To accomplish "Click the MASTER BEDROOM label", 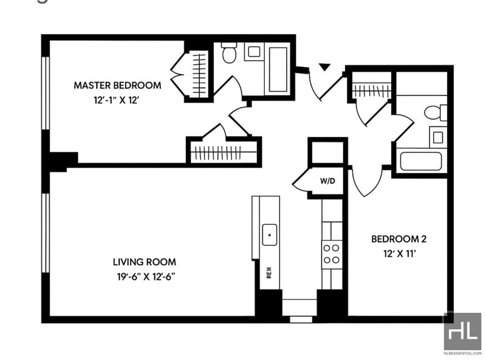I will (x=117, y=85).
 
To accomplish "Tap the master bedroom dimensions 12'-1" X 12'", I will (x=117, y=100).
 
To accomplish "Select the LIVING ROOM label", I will (x=145, y=262).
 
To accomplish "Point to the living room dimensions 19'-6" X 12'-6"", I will (x=145, y=277).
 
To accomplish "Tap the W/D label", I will (x=327, y=182).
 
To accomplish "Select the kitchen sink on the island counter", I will (x=269, y=234).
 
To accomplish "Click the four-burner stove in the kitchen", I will (x=332, y=254).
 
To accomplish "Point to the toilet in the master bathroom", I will (x=229, y=54).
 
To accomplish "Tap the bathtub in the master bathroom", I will (x=278, y=69).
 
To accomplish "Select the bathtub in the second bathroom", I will (x=420, y=161).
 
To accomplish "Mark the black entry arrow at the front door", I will (x=324, y=66).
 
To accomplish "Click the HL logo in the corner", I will (x=462, y=330).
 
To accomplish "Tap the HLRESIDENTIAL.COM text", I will (x=462, y=352).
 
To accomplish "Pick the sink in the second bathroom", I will (x=437, y=137).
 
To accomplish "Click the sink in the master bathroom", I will (x=254, y=52).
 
